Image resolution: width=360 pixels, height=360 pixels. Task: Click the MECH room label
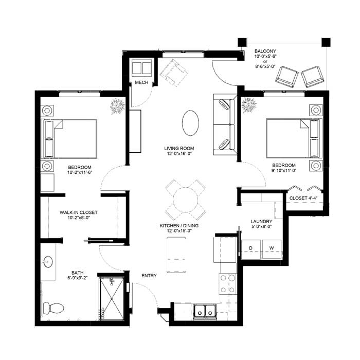(x=141, y=82)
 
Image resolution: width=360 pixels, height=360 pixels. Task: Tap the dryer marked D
(x=251, y=249)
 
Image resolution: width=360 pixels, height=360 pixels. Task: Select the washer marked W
(x=272, y=249)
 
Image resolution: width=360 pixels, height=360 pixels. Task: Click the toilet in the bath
(x=53, y=308)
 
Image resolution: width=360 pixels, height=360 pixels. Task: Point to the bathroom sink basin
(x=48, y=262)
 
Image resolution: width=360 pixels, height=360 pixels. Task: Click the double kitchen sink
(x=205, y=311)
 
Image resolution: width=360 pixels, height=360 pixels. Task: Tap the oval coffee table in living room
(x=190, y=123)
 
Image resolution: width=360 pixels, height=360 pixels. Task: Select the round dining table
(x=185, y=200)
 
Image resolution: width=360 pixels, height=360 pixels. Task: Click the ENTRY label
(x=149, y=276)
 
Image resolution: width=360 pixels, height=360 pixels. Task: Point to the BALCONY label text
(x=265, y=51)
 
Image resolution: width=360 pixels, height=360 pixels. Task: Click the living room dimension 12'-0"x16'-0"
(x=179, y=154)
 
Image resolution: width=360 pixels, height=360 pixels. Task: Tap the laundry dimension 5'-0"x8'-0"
(x=261, y=227)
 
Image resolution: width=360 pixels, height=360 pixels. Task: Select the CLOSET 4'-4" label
(x=303, y=198)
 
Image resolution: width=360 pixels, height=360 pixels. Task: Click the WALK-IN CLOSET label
(x=79, y=212)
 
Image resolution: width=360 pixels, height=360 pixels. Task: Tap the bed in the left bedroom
(x=69, y=139)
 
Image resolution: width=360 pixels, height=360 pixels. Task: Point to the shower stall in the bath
(x=112, y=298)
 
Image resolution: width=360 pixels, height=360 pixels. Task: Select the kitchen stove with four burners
(x=228, y=284)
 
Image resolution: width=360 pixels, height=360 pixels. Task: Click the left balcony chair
(x=287, y=77)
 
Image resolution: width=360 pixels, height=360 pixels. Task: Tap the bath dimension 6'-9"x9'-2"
(x=78, y=278)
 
